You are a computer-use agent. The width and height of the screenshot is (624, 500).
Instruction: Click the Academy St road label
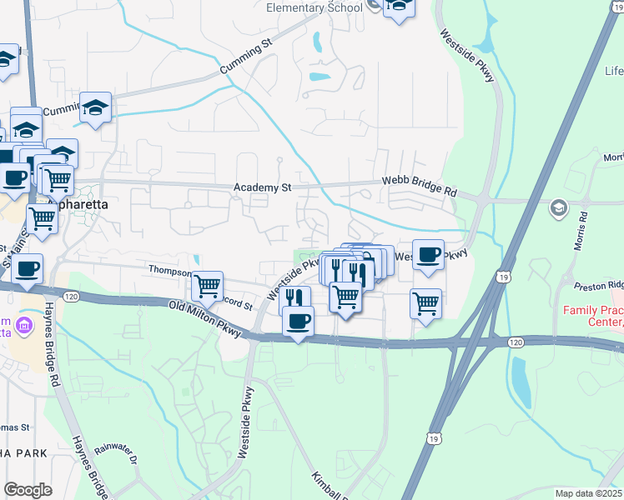click(x=262, y=188)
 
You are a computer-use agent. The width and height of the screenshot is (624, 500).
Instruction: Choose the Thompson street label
click(x=170, y=271)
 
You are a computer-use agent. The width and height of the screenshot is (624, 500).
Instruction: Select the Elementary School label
click(x=314, y=7)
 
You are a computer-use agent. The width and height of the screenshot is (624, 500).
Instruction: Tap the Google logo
click(x=28, y=489)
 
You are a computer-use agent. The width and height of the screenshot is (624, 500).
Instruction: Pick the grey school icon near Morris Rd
click(x=559, y=208)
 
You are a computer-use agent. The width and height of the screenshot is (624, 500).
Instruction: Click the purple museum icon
click(x=23, y=324)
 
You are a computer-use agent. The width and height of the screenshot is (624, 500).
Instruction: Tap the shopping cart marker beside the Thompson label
click(x=208, y=287)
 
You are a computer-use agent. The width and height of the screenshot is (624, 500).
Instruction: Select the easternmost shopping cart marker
click(x=426, y=302)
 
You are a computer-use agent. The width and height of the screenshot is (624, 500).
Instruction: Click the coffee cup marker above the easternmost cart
click(x=428, y=254)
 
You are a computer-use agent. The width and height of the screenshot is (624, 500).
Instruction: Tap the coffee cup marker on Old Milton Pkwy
click(x=298, y=321)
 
